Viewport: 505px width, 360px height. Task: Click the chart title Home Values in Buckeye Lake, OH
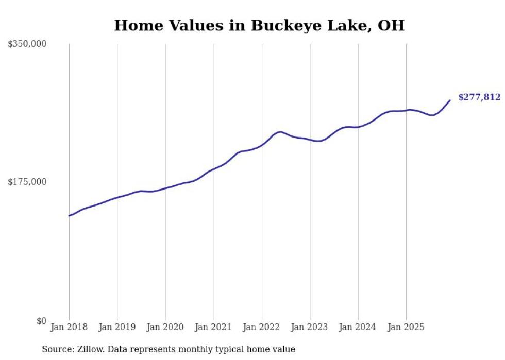[x=259, y=25]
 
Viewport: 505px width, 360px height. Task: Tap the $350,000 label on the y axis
[x=27, y=44]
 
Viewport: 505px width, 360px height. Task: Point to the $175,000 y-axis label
[x=27, y=182]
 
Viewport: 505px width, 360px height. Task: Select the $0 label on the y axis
[x=41, y=321]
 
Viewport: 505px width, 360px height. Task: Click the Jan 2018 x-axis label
[x=69, y=327]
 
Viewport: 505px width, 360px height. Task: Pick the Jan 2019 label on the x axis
[x=117, y=327]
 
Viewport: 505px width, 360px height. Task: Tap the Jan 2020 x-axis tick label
[x=165, y=327]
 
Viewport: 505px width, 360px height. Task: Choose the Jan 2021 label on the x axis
[x=213, y=327]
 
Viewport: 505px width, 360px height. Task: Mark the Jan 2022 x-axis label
[x=262, y=327]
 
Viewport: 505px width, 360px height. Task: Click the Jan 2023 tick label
[x=310, y=327]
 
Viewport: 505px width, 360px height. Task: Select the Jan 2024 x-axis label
[x=358, y=327]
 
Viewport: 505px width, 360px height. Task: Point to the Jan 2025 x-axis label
[x=406, y=327]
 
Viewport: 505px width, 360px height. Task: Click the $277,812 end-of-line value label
[x=479, y=97]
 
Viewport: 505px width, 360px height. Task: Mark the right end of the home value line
[x=450, y=100]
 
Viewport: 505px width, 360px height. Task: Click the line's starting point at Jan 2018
[x=69, y=215]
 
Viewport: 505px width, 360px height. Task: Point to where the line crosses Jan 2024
[x=358, y=127]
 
